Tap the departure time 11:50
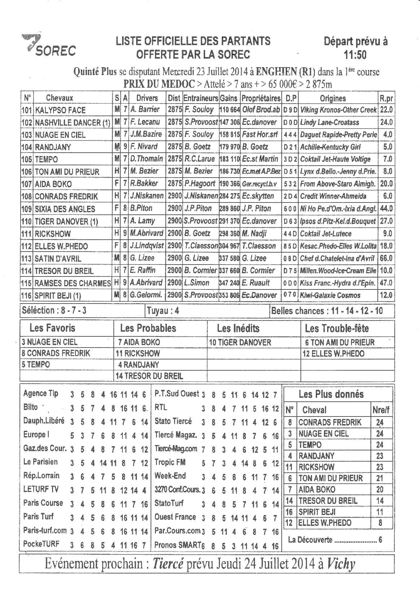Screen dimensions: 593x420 (x=355, y=55)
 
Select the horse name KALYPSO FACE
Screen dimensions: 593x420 (x=60, y=110)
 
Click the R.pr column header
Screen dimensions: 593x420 (x=386, y=99)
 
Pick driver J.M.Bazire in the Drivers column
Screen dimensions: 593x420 (x=146, y=134)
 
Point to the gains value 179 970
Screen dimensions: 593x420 (x=229, y=147)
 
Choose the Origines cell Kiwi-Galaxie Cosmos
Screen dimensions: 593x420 (x=330, y=295)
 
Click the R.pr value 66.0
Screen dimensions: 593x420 (x=386, y=258)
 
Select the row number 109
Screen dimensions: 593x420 (x=27, y=209)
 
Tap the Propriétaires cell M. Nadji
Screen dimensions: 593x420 (x=254, y=234)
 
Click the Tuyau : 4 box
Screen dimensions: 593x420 (x=163, y=311)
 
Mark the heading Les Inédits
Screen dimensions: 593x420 (x=238, y=328)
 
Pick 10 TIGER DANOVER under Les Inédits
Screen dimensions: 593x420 (x=240, y=343)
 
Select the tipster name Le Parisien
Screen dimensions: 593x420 (x=40, y=462)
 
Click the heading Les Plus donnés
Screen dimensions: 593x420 (x=331, y=394)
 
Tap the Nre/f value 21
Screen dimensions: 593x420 (x=380, y=478)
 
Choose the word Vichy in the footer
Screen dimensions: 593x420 (x=341, y=564)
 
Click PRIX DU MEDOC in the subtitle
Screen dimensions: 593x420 (x=159, y=84)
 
